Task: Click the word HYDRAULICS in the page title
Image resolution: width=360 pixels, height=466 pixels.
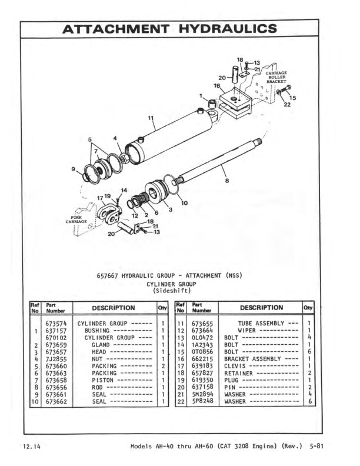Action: [228, 29]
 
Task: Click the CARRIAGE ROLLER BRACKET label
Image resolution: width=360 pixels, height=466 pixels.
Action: [276, 77]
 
